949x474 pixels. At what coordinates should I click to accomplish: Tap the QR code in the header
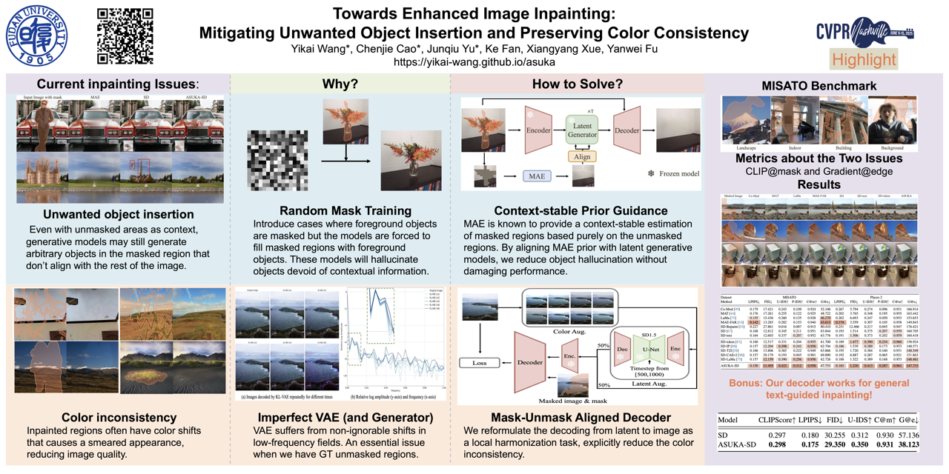(x=125, y=35)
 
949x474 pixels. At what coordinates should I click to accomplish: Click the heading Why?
(x=340, y=84)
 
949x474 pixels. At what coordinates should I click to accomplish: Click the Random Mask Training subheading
(x=340, y=210)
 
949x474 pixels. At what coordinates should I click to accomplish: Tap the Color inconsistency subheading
(x=119, y=418)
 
